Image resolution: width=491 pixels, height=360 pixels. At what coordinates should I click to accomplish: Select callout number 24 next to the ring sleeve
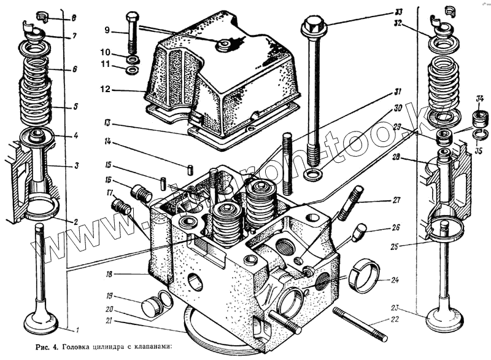coord(394,281)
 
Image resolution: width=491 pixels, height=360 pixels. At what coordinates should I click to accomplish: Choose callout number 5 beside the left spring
coord(75,106)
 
